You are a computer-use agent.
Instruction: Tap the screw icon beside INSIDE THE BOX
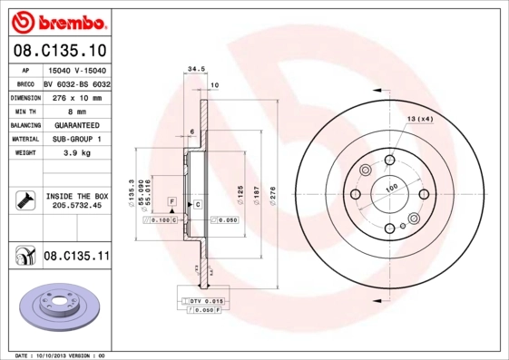[24, 200]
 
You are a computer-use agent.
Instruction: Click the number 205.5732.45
[76, 207]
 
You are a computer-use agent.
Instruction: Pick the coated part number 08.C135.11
[76, 257]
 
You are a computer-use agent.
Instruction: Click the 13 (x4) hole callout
[419, 119]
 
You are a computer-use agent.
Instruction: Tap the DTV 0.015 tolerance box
[205, 300]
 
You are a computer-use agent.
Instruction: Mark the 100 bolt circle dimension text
[392, 188]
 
